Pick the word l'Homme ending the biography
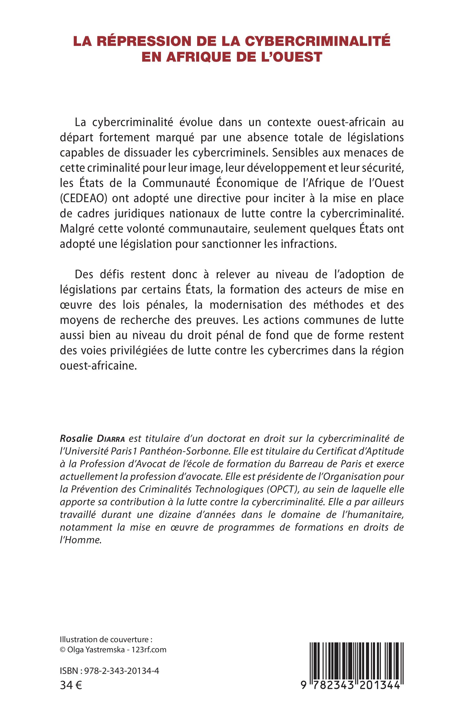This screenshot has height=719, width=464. (80, 540)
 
